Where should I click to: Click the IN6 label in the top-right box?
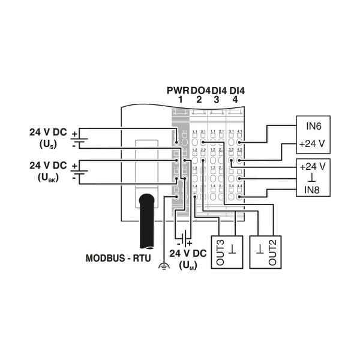click(312, 127)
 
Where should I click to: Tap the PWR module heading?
click(178, 91)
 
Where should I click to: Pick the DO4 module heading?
click(200, 91)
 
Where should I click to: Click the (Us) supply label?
click(48, 145)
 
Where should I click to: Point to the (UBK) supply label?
click(48, 177)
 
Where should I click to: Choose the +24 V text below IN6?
click(312, 144)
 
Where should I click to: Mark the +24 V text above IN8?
click(312, 166)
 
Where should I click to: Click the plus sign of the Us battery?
click(74, 133)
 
